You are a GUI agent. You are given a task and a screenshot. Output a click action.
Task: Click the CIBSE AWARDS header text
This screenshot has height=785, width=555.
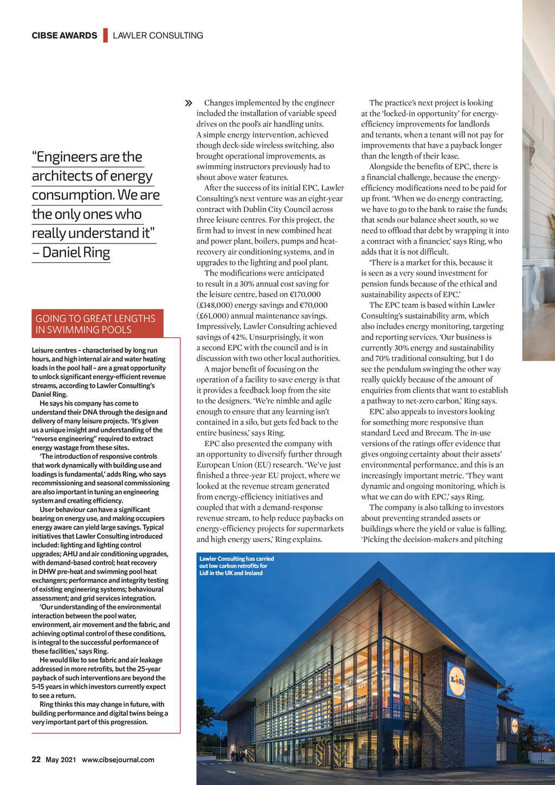point(64,36)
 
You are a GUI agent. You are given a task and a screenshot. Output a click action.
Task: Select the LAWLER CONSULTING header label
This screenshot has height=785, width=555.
point(158,36)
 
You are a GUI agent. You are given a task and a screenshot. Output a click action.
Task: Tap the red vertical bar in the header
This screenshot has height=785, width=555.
point(105,35)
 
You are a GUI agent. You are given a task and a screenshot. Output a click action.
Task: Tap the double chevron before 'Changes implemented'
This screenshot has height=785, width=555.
point(189,103)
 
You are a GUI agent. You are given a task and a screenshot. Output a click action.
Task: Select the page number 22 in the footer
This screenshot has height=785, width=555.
point(36,760)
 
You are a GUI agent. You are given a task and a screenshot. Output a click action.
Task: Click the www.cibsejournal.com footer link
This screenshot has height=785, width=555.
point(118,760)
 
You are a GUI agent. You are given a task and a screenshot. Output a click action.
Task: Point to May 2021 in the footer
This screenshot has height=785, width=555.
point(61,760)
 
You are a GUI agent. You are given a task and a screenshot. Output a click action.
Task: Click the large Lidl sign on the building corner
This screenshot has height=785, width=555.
point(457,680)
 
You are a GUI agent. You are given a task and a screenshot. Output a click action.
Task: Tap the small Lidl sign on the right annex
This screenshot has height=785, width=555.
point(514,725)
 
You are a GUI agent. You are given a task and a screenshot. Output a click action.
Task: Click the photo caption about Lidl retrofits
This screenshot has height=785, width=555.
point(236,565)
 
